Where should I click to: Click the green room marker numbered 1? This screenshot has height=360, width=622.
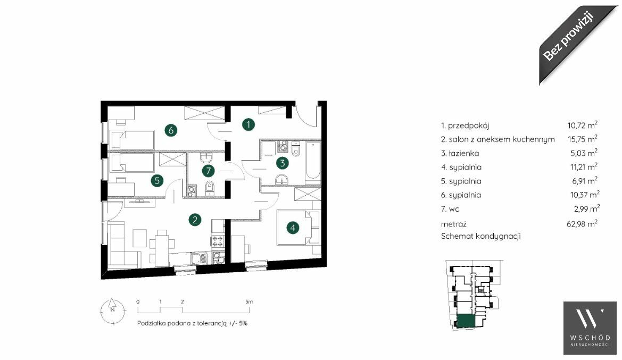(248, 124)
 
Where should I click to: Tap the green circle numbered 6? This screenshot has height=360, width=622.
(171, 130)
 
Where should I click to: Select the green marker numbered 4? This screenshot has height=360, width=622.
(293, 228)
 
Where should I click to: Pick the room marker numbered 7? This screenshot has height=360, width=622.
(208, 171)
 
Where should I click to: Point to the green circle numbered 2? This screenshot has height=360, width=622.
(195, 220)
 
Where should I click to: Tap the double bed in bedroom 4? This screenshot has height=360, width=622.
(298, 228)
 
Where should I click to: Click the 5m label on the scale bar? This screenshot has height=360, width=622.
(249, 302)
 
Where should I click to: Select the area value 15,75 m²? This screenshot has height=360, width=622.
(582, 139)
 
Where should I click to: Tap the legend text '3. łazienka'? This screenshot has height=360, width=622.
(460, 153)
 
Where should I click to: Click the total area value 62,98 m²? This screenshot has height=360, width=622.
(582, 224)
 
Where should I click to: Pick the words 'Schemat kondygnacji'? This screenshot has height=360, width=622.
(481, 236)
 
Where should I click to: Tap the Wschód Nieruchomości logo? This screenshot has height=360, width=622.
(590, 328)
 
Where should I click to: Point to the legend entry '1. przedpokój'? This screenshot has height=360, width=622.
(465, 125)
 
